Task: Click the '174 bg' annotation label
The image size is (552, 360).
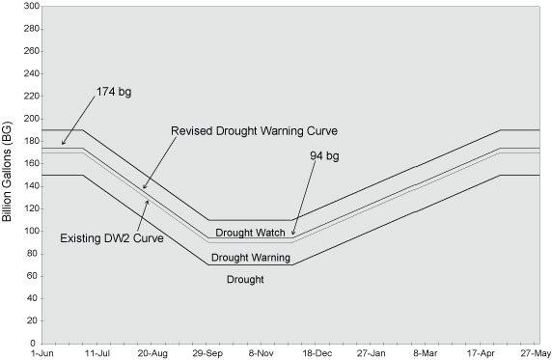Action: (113, 91)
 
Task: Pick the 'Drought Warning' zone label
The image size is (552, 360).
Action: (244, 258)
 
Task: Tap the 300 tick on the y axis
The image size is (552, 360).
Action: (30, 6)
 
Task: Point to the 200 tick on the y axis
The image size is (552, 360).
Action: (30, 119)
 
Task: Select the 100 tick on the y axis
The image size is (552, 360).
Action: (30, 231)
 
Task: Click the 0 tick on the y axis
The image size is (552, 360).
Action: (35, 343)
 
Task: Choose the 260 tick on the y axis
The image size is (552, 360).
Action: (30, 51)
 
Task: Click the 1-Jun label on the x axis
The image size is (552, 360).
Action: (42, 354)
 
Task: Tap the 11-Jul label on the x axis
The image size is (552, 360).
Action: (97, 354)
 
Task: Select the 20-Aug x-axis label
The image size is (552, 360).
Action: (152, 354)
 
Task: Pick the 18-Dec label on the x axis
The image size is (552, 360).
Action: (318, 354)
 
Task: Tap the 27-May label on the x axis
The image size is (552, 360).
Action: (534, 354)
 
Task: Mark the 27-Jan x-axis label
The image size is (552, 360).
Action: (373, 354)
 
